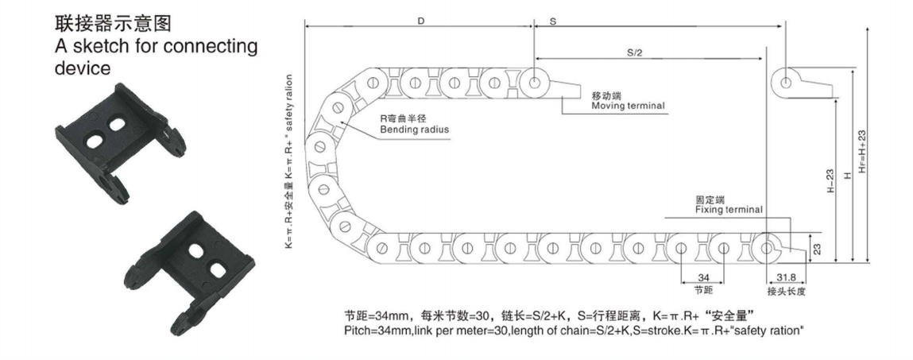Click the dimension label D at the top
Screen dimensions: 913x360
(420, 21)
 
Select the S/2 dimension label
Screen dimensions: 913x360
(634, 52)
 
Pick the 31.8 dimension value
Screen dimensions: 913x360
(785, 277)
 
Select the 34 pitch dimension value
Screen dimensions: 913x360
(702, 277)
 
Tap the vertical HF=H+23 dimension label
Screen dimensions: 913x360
(862, 150)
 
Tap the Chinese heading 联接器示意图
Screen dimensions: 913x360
(113, 23)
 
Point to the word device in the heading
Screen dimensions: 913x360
(83, 68)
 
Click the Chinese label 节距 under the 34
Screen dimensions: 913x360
(702, 290)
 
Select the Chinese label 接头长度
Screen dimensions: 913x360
(786, 291)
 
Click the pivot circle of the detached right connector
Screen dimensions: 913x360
(786, 82)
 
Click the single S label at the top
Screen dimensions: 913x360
(552, 21)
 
